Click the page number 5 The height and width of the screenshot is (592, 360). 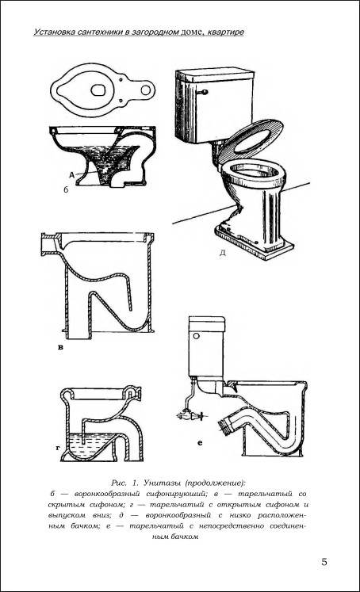click(x=324, y=562)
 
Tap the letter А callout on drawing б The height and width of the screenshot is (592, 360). click(x=71, y=175)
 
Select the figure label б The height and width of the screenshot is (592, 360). click(x=66, y=189)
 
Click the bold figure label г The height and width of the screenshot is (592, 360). click(x=58, y=448)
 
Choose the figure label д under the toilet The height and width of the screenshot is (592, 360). click(x=223, y=253)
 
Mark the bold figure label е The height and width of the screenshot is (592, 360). click(x=200, y=443)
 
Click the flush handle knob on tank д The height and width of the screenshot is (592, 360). click(x=205, y=92)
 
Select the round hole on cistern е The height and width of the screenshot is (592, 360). click(x=197, y=336)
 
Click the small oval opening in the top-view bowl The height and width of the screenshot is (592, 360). click(x=98, y=90)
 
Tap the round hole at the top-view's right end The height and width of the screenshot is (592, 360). click(x=145, y=90)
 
